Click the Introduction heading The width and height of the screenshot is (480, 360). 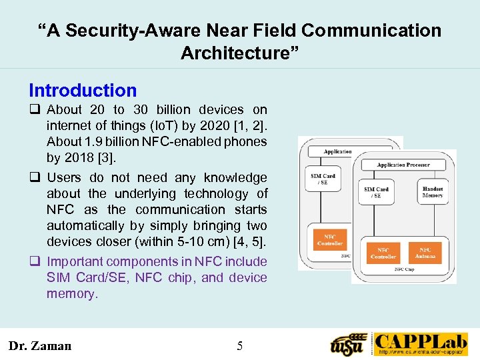click(83, 91)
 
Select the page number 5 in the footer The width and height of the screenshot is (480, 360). click(240, 345)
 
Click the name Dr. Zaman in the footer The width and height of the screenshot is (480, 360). click(40, 345)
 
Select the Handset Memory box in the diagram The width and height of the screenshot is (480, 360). click(432, 192)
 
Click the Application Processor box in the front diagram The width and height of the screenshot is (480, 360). click(403, 165)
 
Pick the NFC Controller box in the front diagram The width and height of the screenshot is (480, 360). click(383, 253)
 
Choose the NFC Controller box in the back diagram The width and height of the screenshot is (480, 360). click(329, 240)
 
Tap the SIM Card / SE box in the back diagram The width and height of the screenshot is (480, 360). click(323, 179)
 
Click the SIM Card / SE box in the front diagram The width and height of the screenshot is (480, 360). click(377, 192)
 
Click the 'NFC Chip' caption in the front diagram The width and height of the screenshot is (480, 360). click(403, 269)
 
